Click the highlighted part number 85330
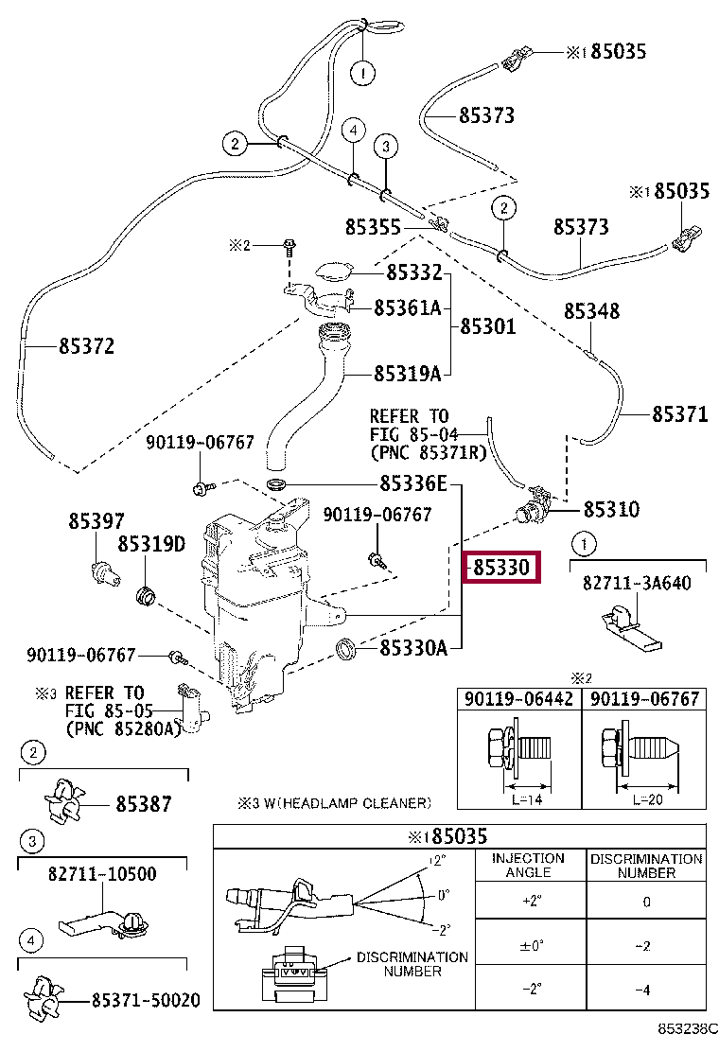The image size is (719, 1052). [x=501, y=568]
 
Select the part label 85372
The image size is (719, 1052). [x=86, y=346]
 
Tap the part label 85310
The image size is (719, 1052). [x=611, y=509]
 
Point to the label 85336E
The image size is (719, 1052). [x=413, y=483]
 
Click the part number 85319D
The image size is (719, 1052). [x=151, y=544]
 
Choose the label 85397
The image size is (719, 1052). [x=96, y=521]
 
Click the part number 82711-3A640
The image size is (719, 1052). [x=637, y=583]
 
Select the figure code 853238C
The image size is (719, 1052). [x=688, y=1028]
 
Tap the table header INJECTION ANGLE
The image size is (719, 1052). [x=529, y=866]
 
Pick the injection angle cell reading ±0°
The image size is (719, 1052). [x=531, y=946]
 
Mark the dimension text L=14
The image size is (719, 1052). [x=527, y=799]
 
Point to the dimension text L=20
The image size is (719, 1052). [x=647, y=799]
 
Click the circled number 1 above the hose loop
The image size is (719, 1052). [x=363, y=73]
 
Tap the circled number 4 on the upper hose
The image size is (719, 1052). [x=354, y=130]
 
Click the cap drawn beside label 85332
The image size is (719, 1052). [x=333, y=272]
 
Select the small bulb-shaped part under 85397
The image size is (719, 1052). [x=105, y=575]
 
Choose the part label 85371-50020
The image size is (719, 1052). [x=146, y=1000]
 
